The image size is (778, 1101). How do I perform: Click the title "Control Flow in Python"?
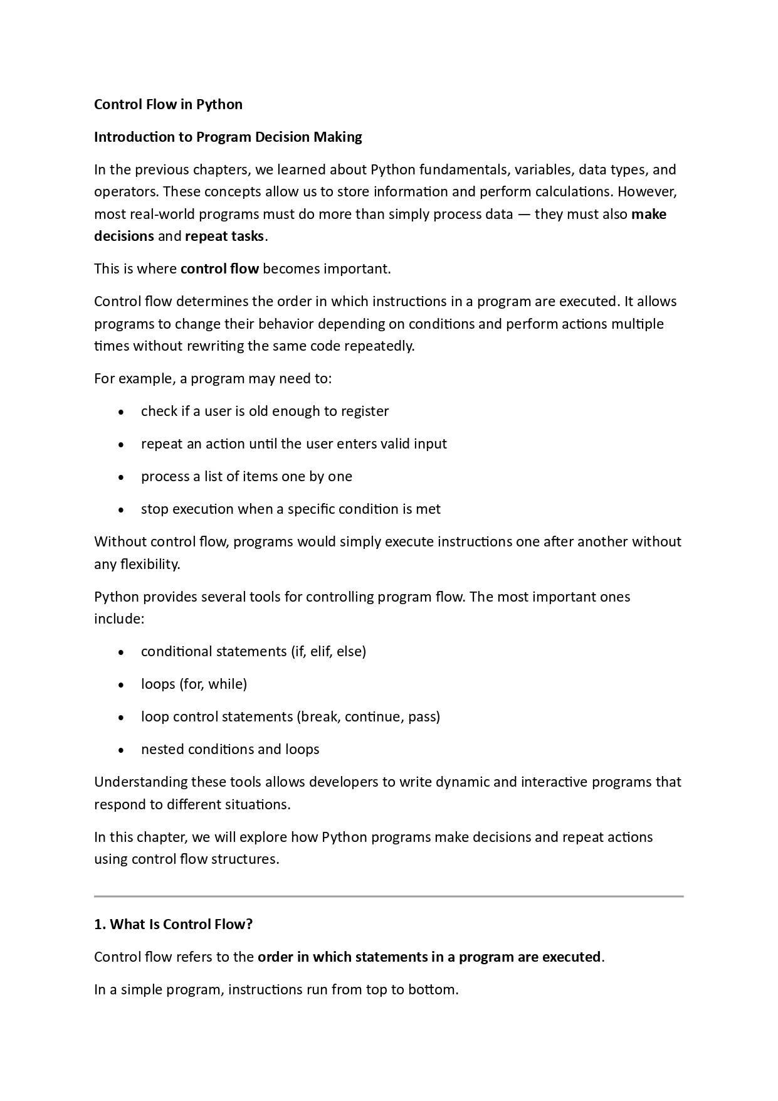[x=168, y=104]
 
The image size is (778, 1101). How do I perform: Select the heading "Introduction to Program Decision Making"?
[x=228, y=137]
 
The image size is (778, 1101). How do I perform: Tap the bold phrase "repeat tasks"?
[x=225, y=237]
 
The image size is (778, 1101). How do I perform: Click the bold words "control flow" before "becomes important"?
[x=219, y=269]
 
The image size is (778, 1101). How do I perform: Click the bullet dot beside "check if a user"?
[x=120, y=412]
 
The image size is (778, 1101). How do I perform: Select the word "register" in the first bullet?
[x=365, y=412]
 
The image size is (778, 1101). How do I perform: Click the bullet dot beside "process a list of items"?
[x=120, y=477]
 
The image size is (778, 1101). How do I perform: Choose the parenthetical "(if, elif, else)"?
[x=328, y=652]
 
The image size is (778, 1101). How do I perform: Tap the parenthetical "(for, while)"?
[x=213, y=684]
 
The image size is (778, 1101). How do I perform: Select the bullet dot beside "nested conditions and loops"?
[x=120, y=750]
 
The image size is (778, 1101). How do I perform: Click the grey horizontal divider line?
[x=389, y=896]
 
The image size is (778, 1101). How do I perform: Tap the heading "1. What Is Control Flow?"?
[x=173, y=925]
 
